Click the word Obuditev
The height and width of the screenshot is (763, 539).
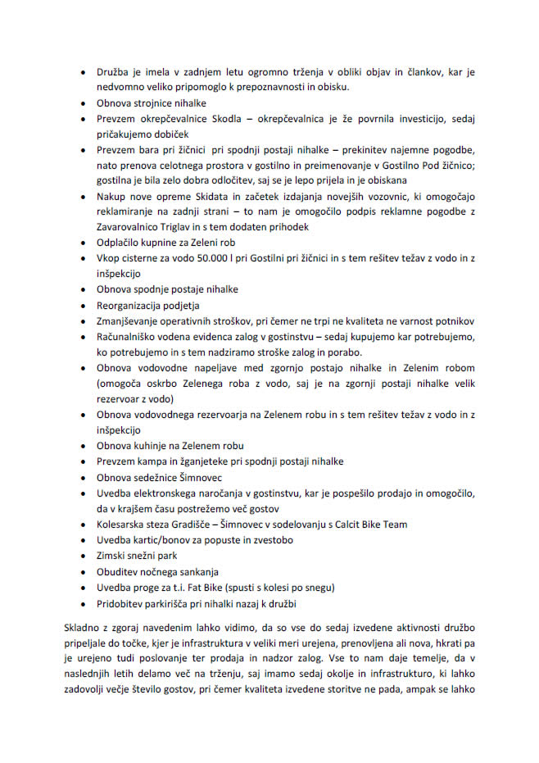(x=118, y=571)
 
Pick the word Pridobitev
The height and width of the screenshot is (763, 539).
(x=123, y=603)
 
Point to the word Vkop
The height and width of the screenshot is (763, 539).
(x=109, y=259)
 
